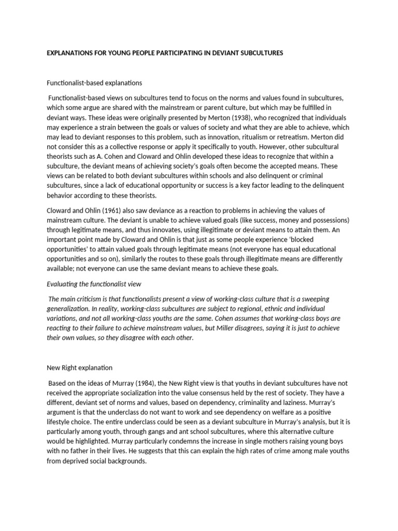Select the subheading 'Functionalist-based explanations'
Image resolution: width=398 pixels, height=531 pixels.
[94, 82]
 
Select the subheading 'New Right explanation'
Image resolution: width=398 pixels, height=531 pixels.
[79, 368]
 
